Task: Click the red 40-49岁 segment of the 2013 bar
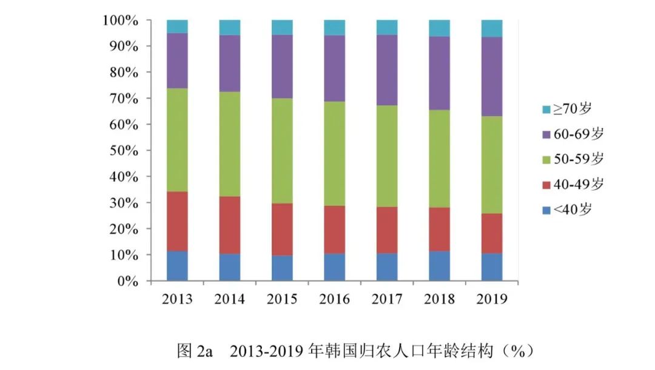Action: [177, 221]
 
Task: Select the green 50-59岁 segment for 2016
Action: [334, 153]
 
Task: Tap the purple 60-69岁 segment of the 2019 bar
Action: [492, 76]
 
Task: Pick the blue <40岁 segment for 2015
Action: [282, 268]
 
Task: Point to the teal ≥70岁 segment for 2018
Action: [439, 28]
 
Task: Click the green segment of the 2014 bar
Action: [229, 144]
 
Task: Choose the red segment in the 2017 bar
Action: [387, 230]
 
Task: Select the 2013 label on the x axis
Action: [177, 299]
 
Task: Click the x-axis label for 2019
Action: [492, 299]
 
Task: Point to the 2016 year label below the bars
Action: [334, 299]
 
